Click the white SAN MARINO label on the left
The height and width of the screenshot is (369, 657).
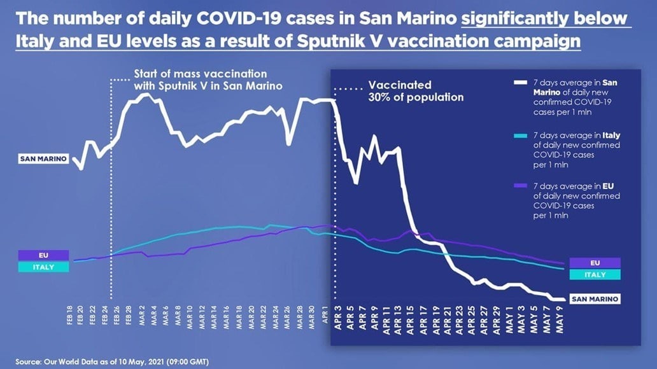tap(43, 159)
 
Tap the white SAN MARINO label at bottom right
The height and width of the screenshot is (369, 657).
tap(594, 298)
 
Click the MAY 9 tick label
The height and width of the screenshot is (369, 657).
tap(558, 316)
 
